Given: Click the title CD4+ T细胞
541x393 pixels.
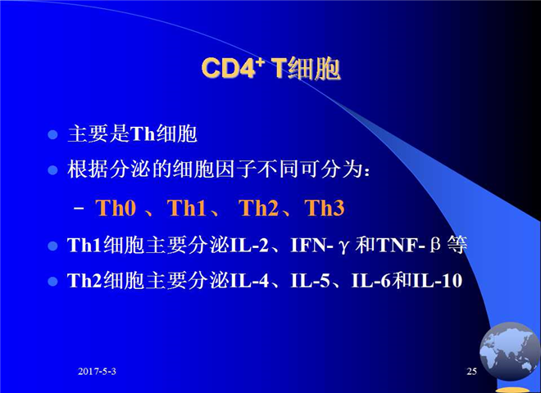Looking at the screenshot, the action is pyautogui.click(x=270, y=68).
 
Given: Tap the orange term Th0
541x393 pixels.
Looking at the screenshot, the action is pyautogui.click(x=116, y=208).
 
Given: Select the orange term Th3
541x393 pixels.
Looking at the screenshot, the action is pyautogui.click(x=325, y=208).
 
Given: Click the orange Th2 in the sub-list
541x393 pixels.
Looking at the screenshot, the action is pyautogui.click(x=258, y=208).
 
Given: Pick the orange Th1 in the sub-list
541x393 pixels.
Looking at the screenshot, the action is pyautogui.click(x=187, y=208).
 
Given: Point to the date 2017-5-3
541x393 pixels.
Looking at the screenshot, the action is pyautogui.click(x=97, y=371).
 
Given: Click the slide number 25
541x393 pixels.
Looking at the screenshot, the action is pyautogui.click(x=471, y=371).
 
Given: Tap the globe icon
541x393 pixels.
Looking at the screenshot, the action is pyautogui.click(x=509, y=351).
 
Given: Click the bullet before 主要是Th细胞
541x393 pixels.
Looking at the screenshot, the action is pyautogui.click(x=52, y=134).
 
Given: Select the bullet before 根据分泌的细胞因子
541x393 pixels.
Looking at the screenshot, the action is pyautogui.click(x=52, y=170).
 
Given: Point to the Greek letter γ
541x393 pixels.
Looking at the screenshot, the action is pyautogui.click(x=343, y=246).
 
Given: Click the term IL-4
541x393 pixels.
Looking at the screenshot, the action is pyautogui.click(x=249, y=281).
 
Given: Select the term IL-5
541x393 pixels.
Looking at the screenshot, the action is pyautogui.click(x=310, y=281).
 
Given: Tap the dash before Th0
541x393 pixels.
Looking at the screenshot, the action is pyautogui.click(x=79, y=209).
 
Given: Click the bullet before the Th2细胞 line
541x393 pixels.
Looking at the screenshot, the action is pyautogui.click(x=52, y=282).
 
